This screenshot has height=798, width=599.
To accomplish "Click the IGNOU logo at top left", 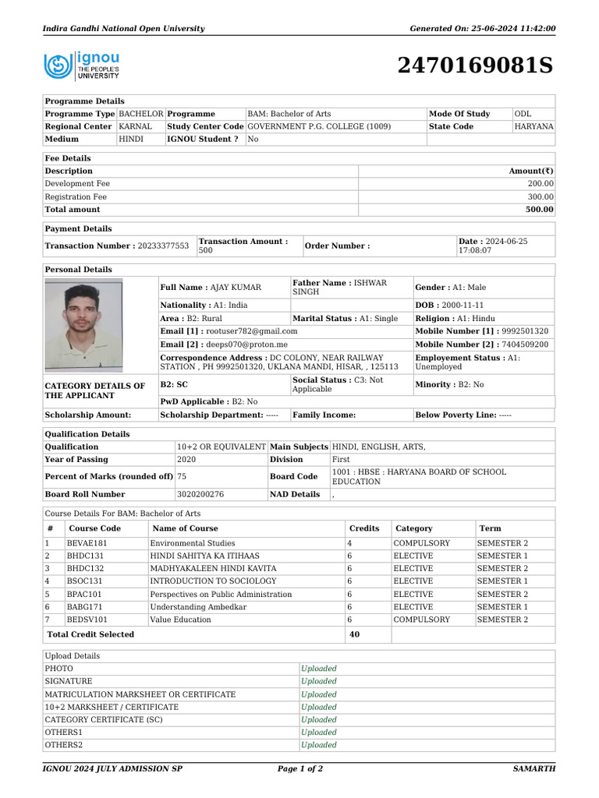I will point(82,65).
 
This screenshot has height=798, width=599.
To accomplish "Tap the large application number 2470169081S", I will point(475,66).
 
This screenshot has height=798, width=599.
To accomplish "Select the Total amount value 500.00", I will point(539,210).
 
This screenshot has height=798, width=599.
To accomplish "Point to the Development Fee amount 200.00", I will point(541,184).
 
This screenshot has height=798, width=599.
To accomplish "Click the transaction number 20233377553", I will point(163,246).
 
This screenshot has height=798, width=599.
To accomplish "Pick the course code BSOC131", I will point(84,581).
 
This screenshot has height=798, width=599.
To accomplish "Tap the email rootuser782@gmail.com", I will point(242,331).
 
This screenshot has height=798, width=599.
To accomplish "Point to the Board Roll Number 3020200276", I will point(200,494).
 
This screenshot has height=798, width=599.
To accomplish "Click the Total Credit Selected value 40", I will point(354,635).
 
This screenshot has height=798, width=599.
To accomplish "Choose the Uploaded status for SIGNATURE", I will point(319,682).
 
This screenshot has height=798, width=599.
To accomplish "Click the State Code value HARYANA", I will point(533,126).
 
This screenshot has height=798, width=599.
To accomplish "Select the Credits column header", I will point(364,528).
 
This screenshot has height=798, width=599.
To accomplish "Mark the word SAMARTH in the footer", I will point(533,769).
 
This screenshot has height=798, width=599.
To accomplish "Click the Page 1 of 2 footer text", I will point(300,769).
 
